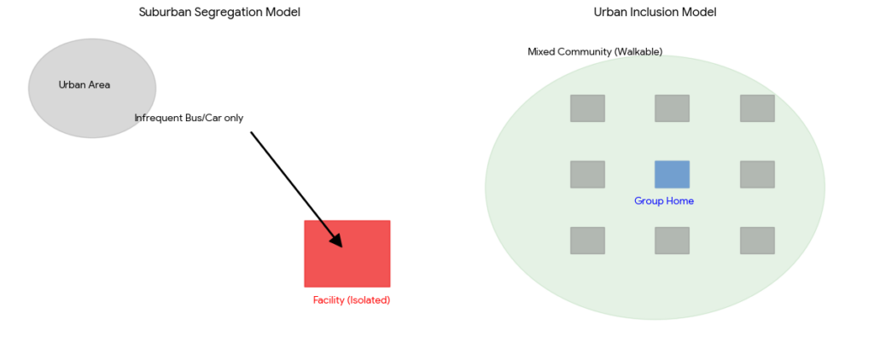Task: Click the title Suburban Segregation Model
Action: coord(219,12)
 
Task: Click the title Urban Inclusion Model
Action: coord(655,12)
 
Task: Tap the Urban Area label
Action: coord(84,84)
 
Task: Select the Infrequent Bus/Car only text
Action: coord(189,118)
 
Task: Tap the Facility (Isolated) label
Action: coord(351,300)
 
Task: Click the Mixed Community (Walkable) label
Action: coord(594,52)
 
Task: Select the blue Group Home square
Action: coord(672,174)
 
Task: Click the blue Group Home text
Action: coord(663,201)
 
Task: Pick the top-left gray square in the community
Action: coord(587,108)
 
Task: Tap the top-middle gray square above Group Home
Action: coord(672,108)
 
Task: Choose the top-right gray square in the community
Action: coord(757,108)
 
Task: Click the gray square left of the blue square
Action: coord(587,174)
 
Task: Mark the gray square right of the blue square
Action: coord(757,174)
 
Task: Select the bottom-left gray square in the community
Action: coord(587,241)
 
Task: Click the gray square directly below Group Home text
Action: coord(672,241)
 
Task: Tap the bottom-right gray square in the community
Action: coord(757,241)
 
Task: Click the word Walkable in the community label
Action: coord(638,52)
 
